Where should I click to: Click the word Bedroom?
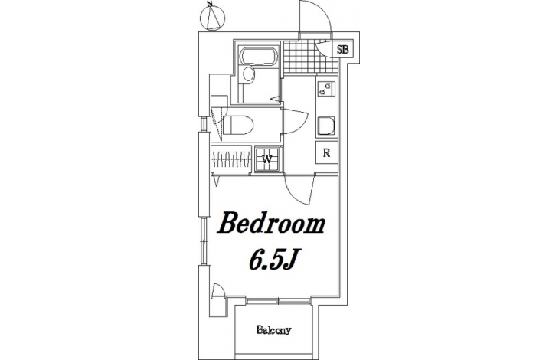271,224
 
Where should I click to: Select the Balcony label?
274,330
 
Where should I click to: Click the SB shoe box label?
342,49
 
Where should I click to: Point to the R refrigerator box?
326,153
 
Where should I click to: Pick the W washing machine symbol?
267,159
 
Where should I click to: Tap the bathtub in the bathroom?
257,56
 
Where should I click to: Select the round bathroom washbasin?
248,74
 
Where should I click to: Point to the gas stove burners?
326,89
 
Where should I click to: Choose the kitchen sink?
326,126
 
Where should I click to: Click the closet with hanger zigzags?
230,159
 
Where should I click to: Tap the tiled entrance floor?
311,57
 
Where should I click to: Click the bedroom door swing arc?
299,190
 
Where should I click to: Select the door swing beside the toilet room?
295,121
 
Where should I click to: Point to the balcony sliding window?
279,301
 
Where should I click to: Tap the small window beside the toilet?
204,123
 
